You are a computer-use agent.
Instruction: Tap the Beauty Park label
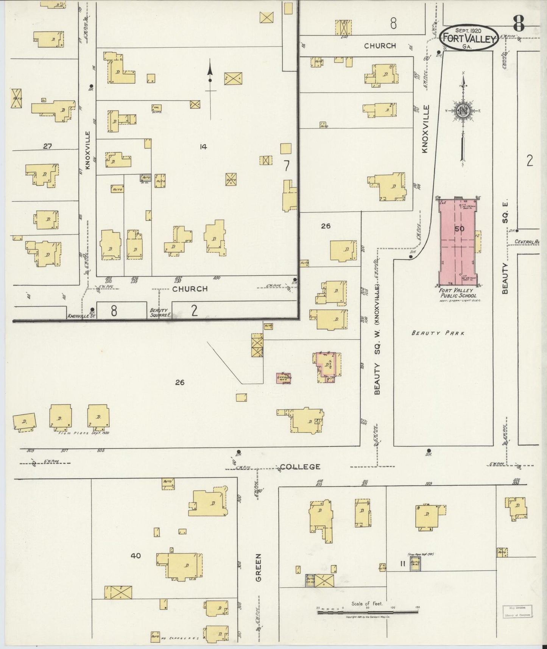tap(438, 333)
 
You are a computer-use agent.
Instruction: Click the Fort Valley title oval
tap(469, 37)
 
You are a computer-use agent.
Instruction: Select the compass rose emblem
tap(463, 111)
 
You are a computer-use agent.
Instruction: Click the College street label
tap(300, 467)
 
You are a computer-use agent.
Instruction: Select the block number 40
tap(136, 556)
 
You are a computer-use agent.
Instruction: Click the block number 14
tap(204, 147)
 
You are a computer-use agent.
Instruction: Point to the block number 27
tap(47, 146)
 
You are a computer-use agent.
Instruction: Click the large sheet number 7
tap(287, 166)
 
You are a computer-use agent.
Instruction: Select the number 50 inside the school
tap(459, 229)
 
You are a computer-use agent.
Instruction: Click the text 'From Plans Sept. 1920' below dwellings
tap(84, 432)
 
